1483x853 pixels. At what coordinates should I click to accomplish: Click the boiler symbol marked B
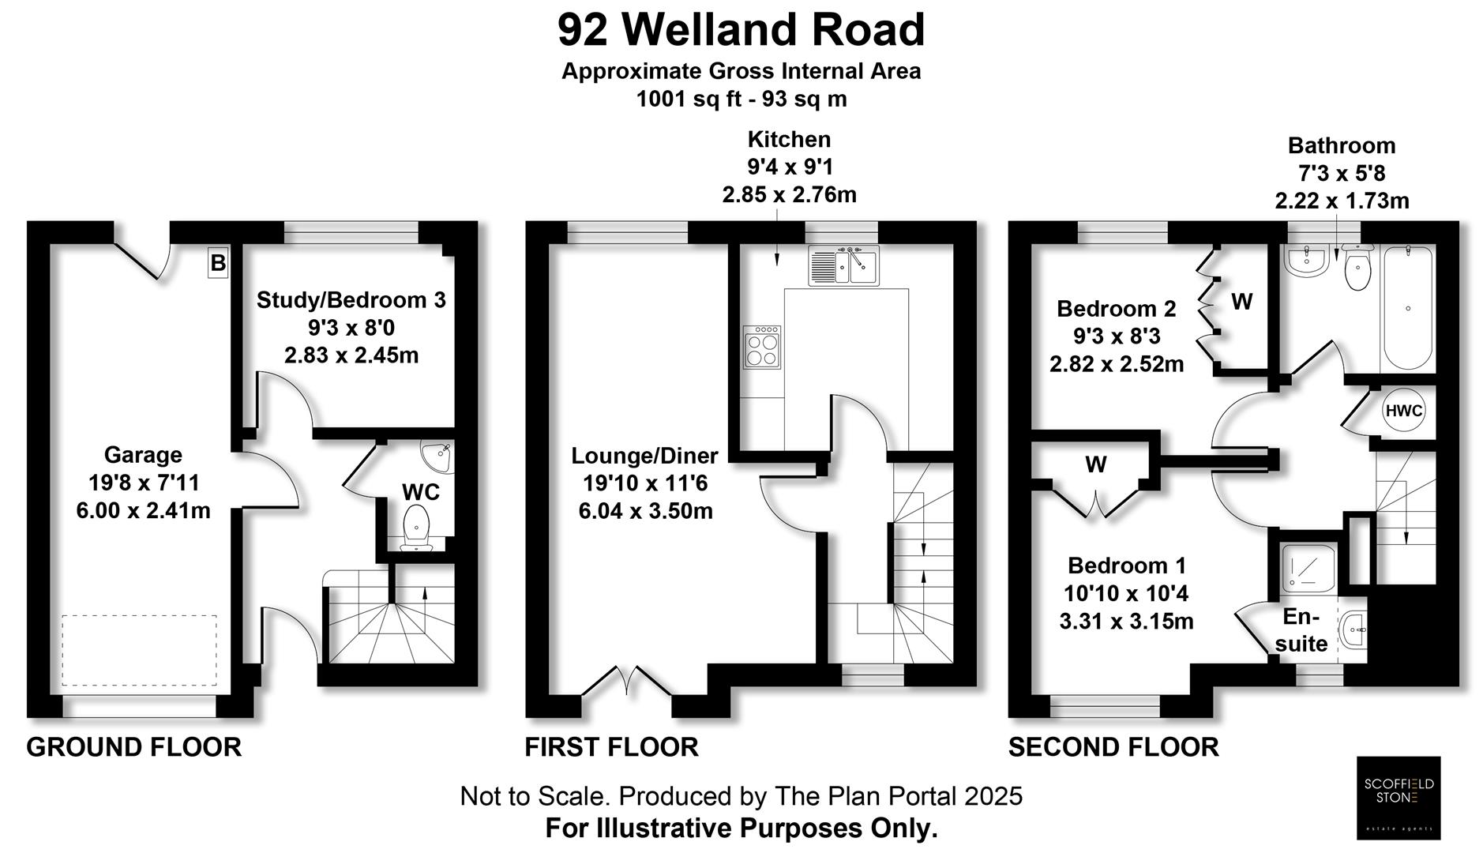(218, 262)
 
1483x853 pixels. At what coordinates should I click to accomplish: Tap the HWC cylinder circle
(1403, 411)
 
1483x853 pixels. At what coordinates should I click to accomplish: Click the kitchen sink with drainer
(843, 265)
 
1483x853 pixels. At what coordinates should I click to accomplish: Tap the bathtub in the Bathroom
(1407, 308)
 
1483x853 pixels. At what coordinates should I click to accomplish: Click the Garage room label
(143, 455)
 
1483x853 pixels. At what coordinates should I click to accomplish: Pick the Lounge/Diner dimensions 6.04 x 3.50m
(645, 511)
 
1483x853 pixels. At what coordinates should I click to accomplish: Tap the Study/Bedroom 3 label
(351, 300)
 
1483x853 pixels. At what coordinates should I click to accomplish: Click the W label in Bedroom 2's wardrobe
(1241, 302)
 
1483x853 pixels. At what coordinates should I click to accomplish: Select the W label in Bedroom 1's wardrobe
(1095, 464)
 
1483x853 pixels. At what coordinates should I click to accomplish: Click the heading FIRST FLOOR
(611, 747)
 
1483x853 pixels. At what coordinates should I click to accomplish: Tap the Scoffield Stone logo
(1398, 797)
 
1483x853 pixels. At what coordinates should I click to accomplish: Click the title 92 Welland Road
(741, 30)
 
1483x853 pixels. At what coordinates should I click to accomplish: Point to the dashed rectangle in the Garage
(140, 650)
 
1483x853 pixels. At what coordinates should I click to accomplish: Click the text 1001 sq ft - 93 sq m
(741, 100)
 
